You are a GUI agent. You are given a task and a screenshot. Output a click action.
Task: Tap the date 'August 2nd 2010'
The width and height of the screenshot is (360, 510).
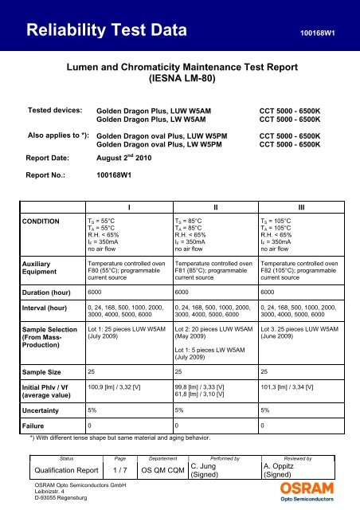pyautogui.click(x=130, y=157)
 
